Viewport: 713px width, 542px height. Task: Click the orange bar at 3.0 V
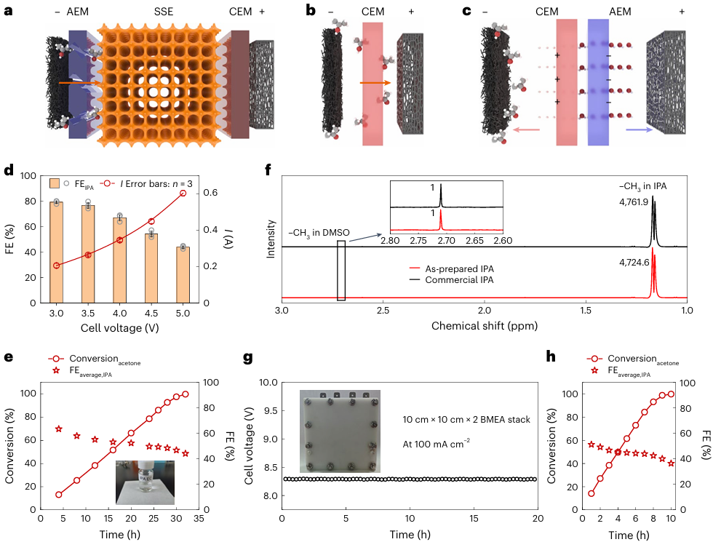click(56, 252)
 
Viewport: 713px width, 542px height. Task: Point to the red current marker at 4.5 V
click(151, 221)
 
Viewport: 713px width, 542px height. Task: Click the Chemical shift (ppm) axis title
click(484, 325)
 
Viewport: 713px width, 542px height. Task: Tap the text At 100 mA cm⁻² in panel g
click(437, 442)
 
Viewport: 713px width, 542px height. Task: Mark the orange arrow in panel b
click(375, 84)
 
